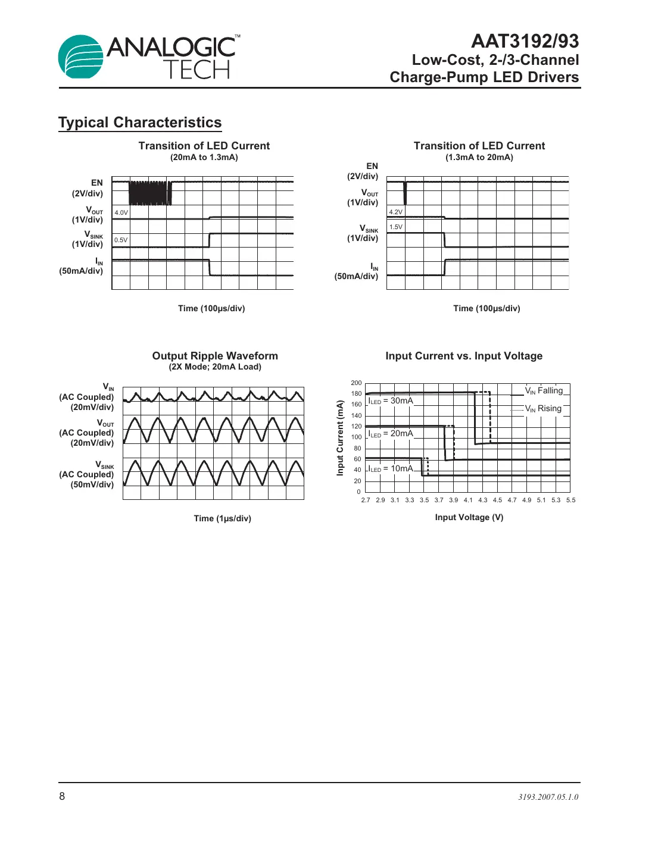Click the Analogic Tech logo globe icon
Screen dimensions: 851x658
81,57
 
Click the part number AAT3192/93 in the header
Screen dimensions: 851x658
525,41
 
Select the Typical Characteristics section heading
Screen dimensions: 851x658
140,123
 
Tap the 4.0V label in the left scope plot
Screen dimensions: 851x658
121,212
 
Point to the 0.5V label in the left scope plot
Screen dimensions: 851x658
121,240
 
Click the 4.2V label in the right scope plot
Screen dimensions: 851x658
395,212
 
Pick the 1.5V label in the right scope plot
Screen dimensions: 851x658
395,227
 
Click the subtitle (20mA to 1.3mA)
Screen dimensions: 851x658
204,158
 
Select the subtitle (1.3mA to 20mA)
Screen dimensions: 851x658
479,158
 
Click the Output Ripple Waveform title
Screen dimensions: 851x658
215,356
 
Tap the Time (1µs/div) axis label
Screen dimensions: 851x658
222,518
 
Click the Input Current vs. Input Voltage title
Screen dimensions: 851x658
464,356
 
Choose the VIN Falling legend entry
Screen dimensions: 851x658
543,391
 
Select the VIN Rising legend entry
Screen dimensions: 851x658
542,409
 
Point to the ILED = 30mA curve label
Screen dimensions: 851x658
391,401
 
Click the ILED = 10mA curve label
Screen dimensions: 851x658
391,469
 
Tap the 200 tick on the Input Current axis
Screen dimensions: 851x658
356,383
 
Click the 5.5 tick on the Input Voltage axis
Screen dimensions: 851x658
570,500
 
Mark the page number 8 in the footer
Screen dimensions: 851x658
62,796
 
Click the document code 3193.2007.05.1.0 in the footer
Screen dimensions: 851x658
548,797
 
